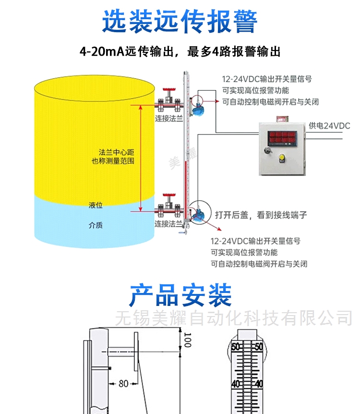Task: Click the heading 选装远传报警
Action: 180,21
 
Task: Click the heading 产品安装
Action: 180,295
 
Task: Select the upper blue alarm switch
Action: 196,108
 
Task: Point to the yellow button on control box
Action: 282,158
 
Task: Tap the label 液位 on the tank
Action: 96,205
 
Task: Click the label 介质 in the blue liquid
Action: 96,225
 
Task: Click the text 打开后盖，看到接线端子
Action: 261,215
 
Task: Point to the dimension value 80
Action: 123,383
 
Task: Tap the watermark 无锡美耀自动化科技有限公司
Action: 234,318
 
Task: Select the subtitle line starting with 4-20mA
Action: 180,51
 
